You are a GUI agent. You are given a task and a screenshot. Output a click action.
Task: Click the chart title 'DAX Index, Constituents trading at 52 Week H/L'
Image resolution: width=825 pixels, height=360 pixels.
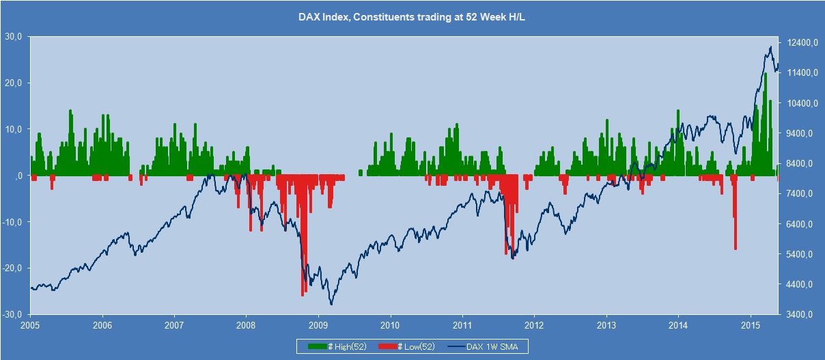pyautogui.click(x=412, y=18)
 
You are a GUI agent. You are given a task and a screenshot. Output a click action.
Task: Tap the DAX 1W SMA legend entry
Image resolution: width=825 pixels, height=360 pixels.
pyautogui.click(x=488, y=346)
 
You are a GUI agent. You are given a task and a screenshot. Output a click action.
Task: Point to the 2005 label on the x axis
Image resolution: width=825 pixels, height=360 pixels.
pyautogui.click(x=30, y=324)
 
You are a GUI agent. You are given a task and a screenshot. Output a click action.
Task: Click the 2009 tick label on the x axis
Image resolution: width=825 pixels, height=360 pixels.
pyautogui.click(x=318, y=324)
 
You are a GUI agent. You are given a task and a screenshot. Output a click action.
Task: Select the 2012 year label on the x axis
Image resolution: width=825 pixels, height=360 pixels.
pyautogui.click(x=534, y=324)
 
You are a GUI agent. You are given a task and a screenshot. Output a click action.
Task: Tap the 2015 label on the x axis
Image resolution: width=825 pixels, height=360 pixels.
pyautogui.click(x=751, y=324)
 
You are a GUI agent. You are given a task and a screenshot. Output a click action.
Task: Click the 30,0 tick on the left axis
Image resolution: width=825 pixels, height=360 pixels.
pyautogui.click(x=13, y=36)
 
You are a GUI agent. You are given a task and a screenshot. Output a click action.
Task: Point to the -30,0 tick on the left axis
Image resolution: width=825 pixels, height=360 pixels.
pyautogui.click(x=12, y=315)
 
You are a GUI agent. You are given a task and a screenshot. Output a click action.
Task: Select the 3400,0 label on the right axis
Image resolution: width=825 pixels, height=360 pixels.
pyautogui.click(x=796, y=315)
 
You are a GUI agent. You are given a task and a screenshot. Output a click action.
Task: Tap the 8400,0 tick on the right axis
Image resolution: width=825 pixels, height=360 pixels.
pyautogui.click(x=796, y=164)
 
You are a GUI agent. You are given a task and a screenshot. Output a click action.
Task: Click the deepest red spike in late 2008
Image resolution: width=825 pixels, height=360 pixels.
pyautogui.click(x=303, y=295)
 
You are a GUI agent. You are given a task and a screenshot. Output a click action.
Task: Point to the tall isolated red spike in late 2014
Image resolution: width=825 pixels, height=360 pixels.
pyautogui.click(x=735, y=249)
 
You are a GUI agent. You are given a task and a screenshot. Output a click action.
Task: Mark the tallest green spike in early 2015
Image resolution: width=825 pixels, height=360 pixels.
pyautogui.click(x=765, y=74)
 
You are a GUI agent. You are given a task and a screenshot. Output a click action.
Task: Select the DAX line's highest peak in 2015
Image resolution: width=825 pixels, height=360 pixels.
pyautogui.click(x=770, y=47)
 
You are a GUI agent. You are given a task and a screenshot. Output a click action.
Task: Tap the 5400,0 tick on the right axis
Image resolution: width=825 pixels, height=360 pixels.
pyautogui.click(x=796, y=255)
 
